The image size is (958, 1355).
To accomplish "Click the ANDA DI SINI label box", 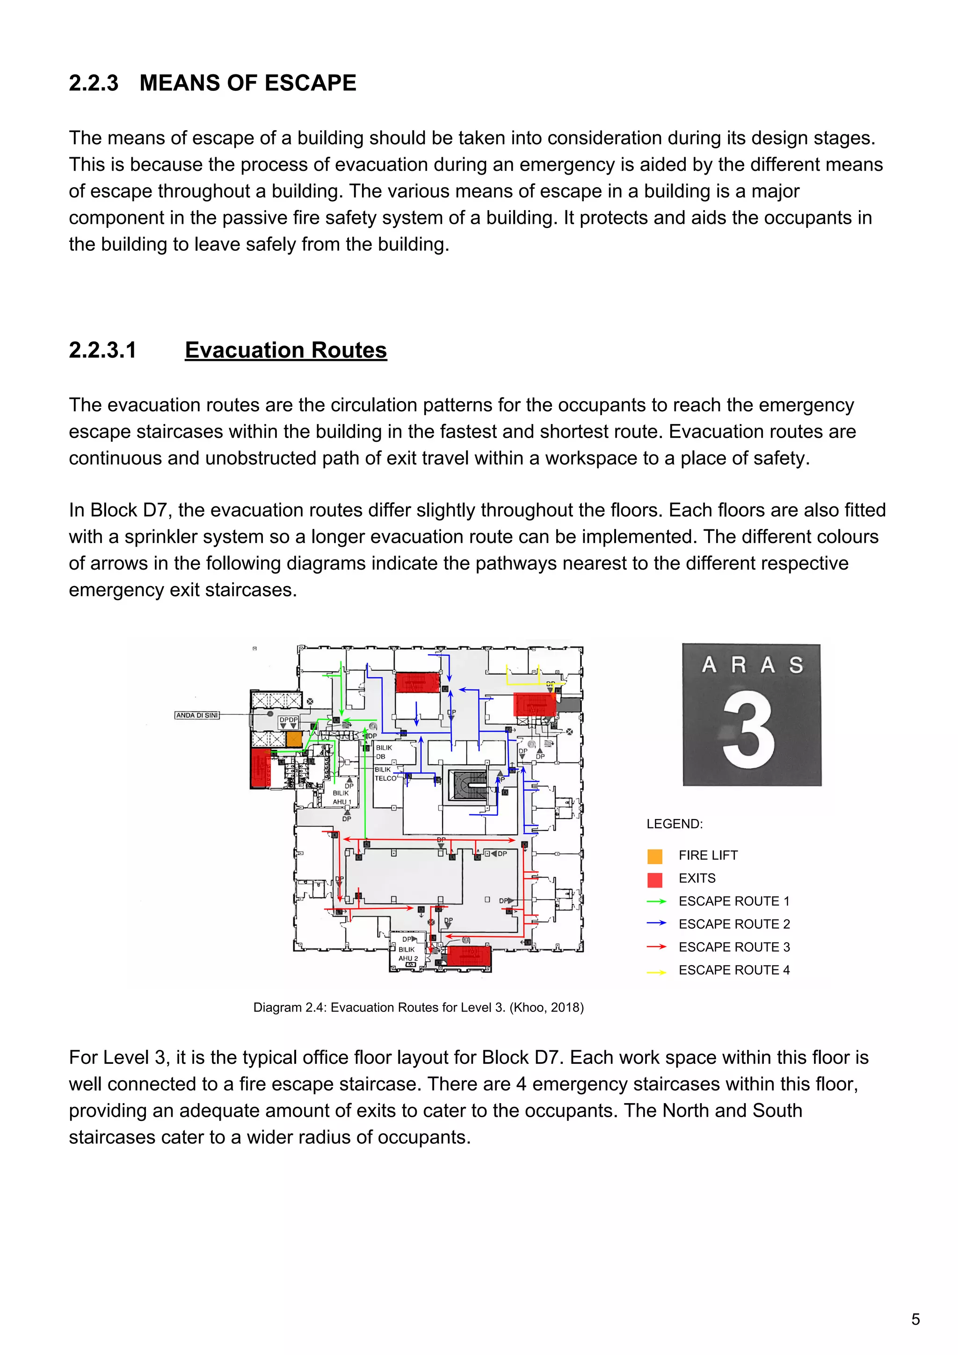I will tap(197, 715).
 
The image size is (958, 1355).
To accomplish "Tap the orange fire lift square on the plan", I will tap(294, 740).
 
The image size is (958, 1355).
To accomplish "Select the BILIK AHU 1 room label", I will tap(341, 797).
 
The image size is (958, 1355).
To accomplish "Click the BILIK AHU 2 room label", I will tap(407, 954).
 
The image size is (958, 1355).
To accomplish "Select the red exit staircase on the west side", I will tap(260, 768).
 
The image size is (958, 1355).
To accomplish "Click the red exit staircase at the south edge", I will tap(469, 955).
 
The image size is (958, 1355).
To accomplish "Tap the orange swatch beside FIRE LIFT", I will tap(655, 856).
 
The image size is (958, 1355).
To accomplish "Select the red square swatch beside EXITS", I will tap(655, 879).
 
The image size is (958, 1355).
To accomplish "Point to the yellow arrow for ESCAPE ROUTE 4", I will tap(656, 971).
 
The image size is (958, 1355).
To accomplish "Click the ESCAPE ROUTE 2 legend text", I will tap(734, 924).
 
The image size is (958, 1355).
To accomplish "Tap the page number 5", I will tap(915, 1319).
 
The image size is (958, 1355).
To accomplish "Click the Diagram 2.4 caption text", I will tap(418, 1007).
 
